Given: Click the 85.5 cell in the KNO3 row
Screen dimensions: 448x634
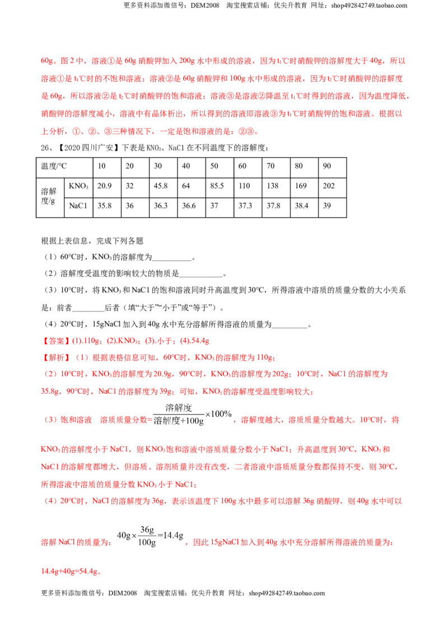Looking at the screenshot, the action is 217,186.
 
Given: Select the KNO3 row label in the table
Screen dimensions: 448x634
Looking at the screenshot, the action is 78,186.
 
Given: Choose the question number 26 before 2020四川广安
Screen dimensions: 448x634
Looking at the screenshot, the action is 45,148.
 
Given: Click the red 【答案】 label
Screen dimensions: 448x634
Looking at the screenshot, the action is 56,341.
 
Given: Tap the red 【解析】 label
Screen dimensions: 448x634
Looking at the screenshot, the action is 56,357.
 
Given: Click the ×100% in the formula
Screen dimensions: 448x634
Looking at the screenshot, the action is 218,414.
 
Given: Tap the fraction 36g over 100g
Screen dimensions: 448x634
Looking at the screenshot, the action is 147,536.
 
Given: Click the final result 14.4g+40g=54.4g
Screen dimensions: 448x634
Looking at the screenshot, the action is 69,571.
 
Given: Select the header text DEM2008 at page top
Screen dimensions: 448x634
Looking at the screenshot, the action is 204,6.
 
